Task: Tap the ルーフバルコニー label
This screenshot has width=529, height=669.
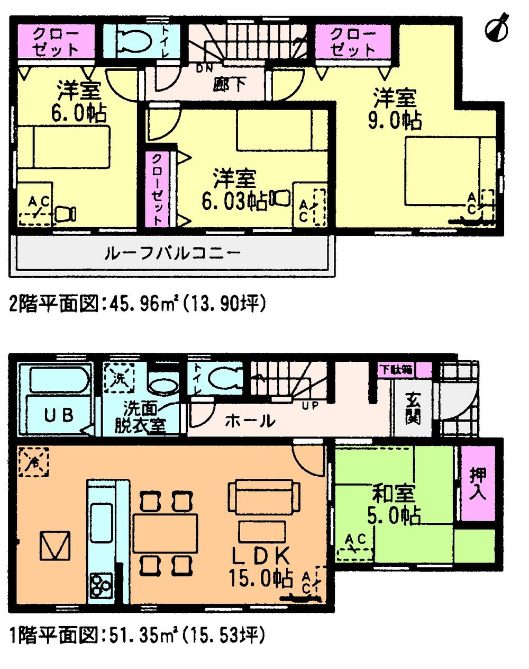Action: click(173, 253)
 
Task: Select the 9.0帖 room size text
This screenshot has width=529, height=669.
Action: click(395, 121)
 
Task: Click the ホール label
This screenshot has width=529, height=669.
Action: click(250, 421)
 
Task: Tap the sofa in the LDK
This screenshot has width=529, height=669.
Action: click(260, 495)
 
